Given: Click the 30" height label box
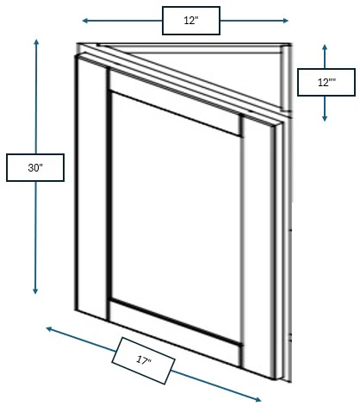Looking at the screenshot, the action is click(x=35, y=167).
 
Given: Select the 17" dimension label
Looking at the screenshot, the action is click(x=143, y=360).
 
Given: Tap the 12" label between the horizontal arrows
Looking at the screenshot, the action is click(x=191, y=21).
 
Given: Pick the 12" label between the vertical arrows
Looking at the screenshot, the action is click(x=326, y=82).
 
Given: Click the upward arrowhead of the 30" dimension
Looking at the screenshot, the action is click(x=36, y=42).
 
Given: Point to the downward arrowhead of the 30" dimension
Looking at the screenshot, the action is click(x=35, y=290).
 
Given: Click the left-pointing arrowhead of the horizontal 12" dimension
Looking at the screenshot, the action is click(x=85, y=21).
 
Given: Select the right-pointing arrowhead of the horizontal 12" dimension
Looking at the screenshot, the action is click(x=285, y=21).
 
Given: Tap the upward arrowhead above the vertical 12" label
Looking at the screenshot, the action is click(x=325, y=47).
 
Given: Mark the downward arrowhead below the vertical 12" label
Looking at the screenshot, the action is click(x=325, y=118).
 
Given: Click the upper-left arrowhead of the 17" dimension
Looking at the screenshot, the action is click(x=49, y=328).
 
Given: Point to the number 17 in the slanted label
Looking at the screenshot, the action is click(x=141, y=359).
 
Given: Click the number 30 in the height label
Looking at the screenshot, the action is click(x=34, y=168).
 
